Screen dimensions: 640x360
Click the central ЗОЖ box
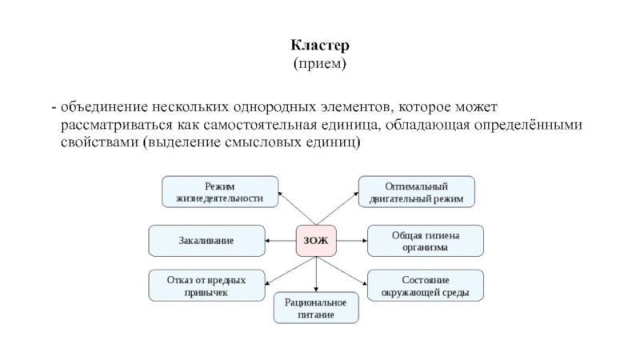click(317, 239)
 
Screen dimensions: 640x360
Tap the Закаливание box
click(207, 239)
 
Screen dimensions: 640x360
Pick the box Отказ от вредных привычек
click(207, 286)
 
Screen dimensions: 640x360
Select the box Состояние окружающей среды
click(425, 286)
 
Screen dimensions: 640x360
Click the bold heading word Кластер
click(319, 46)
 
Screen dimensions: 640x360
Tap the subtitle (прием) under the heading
click(319, 62)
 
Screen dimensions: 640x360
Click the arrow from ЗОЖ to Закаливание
click(281, 239)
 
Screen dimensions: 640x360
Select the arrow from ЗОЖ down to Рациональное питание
click(317, 274)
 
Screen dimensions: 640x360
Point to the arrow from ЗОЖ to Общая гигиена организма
click(352, 239)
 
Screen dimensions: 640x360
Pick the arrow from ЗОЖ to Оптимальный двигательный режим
click(338, 210)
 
